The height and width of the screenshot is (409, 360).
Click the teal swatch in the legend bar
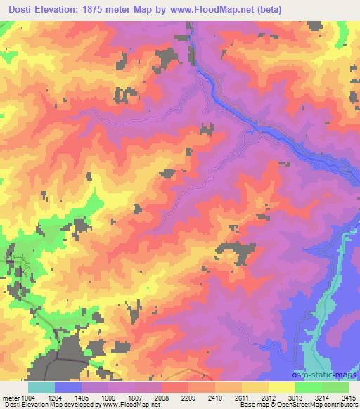(x=41, y=387)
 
